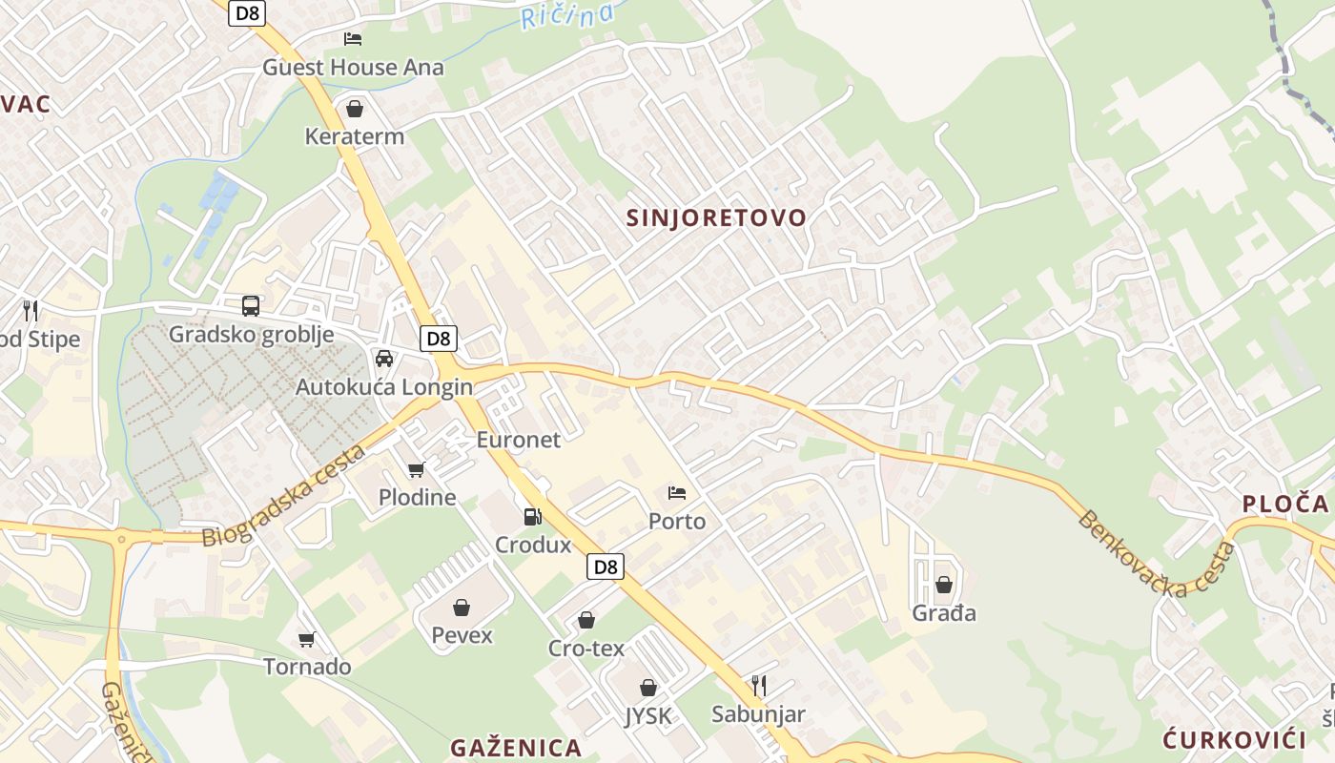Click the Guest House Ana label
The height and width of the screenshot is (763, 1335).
[353, 68]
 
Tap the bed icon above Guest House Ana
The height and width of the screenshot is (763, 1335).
[353, 39]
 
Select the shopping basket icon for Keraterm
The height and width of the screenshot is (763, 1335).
[355, 109]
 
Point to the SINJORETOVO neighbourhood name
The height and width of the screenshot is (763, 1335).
[716, 217]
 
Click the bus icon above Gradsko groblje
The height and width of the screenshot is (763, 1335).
[251, 306]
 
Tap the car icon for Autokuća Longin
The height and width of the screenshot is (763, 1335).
[384, 359]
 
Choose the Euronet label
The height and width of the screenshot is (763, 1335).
[519, 440]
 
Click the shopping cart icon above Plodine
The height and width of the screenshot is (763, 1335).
[416, 469]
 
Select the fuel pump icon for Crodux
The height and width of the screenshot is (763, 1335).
[532, 517]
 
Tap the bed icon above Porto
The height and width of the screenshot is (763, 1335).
[677, 493]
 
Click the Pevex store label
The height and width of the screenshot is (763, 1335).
[462, 635]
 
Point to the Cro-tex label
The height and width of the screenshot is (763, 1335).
[586, 649]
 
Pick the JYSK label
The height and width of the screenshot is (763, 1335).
[648, 716]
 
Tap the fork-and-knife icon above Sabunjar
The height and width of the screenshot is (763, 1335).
[759, 685]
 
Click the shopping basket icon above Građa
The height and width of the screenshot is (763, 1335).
[944, 585]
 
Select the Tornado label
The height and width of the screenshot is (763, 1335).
[307, 667]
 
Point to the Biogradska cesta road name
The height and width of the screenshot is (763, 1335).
[284, 496]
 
